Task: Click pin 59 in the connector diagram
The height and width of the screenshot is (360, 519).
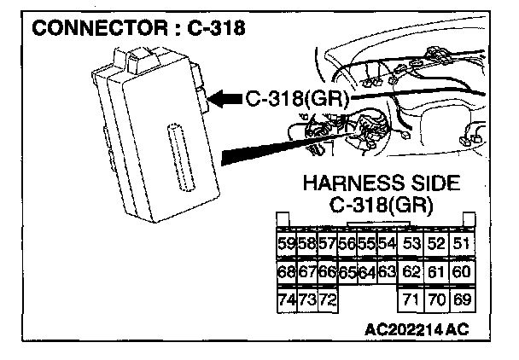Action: (287, 245)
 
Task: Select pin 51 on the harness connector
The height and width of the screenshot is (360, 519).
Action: (462, 245)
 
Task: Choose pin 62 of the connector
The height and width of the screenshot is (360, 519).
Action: (412, 272)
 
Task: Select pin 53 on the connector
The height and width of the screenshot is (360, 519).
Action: (412, 245)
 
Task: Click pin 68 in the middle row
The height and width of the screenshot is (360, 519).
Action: (287, 272)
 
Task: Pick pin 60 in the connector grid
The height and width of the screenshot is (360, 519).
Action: (462, 272)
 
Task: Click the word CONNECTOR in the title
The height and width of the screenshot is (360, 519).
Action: (94, 27)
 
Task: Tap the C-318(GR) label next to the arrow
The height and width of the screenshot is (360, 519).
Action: (295, 99)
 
